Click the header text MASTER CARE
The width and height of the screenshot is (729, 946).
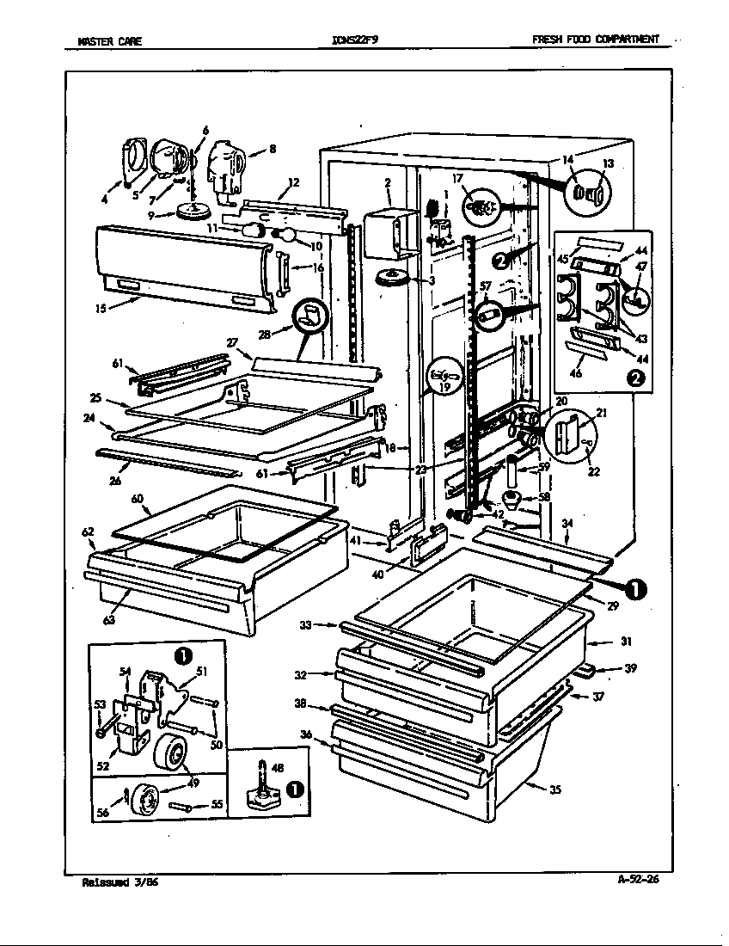109,40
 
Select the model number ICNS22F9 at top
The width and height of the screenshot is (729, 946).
354,40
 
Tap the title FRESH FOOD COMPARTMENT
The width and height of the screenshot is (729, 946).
596,40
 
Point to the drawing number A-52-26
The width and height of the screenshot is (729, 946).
643,878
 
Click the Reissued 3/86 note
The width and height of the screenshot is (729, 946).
119,881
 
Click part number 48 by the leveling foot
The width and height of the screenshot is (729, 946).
277,768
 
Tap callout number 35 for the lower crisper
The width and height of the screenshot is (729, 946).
555,790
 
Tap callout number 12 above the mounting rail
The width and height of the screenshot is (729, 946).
293,181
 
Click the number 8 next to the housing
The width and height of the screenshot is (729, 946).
272,148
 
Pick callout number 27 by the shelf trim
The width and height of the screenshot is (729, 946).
231,342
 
